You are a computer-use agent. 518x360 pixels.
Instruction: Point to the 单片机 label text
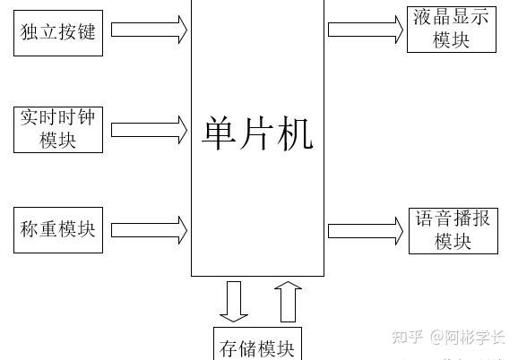coord(258,133)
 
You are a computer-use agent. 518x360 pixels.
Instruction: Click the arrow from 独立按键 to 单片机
coord(150,30)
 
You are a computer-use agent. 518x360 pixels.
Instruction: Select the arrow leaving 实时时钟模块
coord(150,130)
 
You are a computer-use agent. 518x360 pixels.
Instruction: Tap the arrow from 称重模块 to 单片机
coord(150,230)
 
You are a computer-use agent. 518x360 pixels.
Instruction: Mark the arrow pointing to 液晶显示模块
coord(366,30)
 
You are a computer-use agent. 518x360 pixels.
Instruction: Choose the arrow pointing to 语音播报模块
coord(366,231)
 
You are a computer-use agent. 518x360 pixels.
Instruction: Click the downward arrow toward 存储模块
coord(234,302)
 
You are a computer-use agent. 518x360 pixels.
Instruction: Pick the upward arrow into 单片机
coord(288,302)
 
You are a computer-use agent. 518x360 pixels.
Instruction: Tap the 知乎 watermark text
coord(408,337)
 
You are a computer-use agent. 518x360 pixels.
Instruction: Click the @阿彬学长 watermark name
coord(468,337)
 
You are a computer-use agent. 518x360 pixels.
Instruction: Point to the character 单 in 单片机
coord(219,133)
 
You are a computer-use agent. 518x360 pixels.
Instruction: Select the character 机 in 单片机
coord(295,133)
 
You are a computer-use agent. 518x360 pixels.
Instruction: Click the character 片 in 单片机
coord(256,133)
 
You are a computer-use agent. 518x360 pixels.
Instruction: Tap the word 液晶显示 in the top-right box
coord(452,17)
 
